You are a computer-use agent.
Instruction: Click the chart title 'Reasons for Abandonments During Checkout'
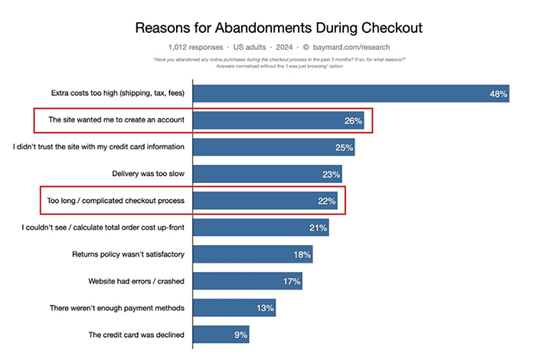click(x=279, y=29)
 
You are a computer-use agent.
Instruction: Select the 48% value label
click(x=498, y=94)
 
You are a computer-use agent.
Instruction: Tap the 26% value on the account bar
click(x=353, y=121)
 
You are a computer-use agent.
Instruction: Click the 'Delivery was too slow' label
click(x=142, y=175)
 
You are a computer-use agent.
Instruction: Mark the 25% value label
click(x=344, y=148)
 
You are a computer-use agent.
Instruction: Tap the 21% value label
click(x=318, y=227)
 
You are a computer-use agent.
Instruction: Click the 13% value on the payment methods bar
click(x=264, y=308)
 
